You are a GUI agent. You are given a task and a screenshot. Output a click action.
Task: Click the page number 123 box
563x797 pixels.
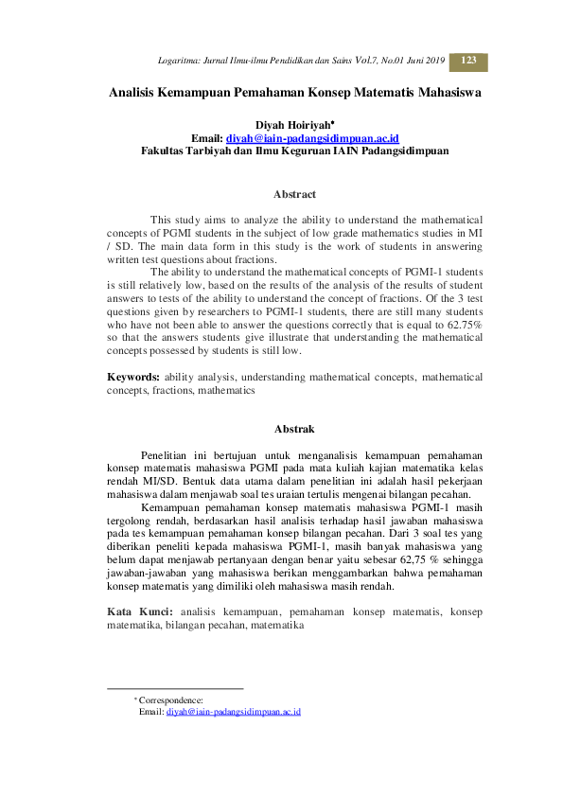pos(468,61)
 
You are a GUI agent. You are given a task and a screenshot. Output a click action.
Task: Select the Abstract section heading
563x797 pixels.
pos(294,194)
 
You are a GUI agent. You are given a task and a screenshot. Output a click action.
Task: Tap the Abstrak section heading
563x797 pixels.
pos(294,429)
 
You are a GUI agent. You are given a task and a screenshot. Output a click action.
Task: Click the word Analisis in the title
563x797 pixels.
pos(139,94)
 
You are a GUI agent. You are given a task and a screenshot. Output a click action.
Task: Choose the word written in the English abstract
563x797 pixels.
pos(128,260)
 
